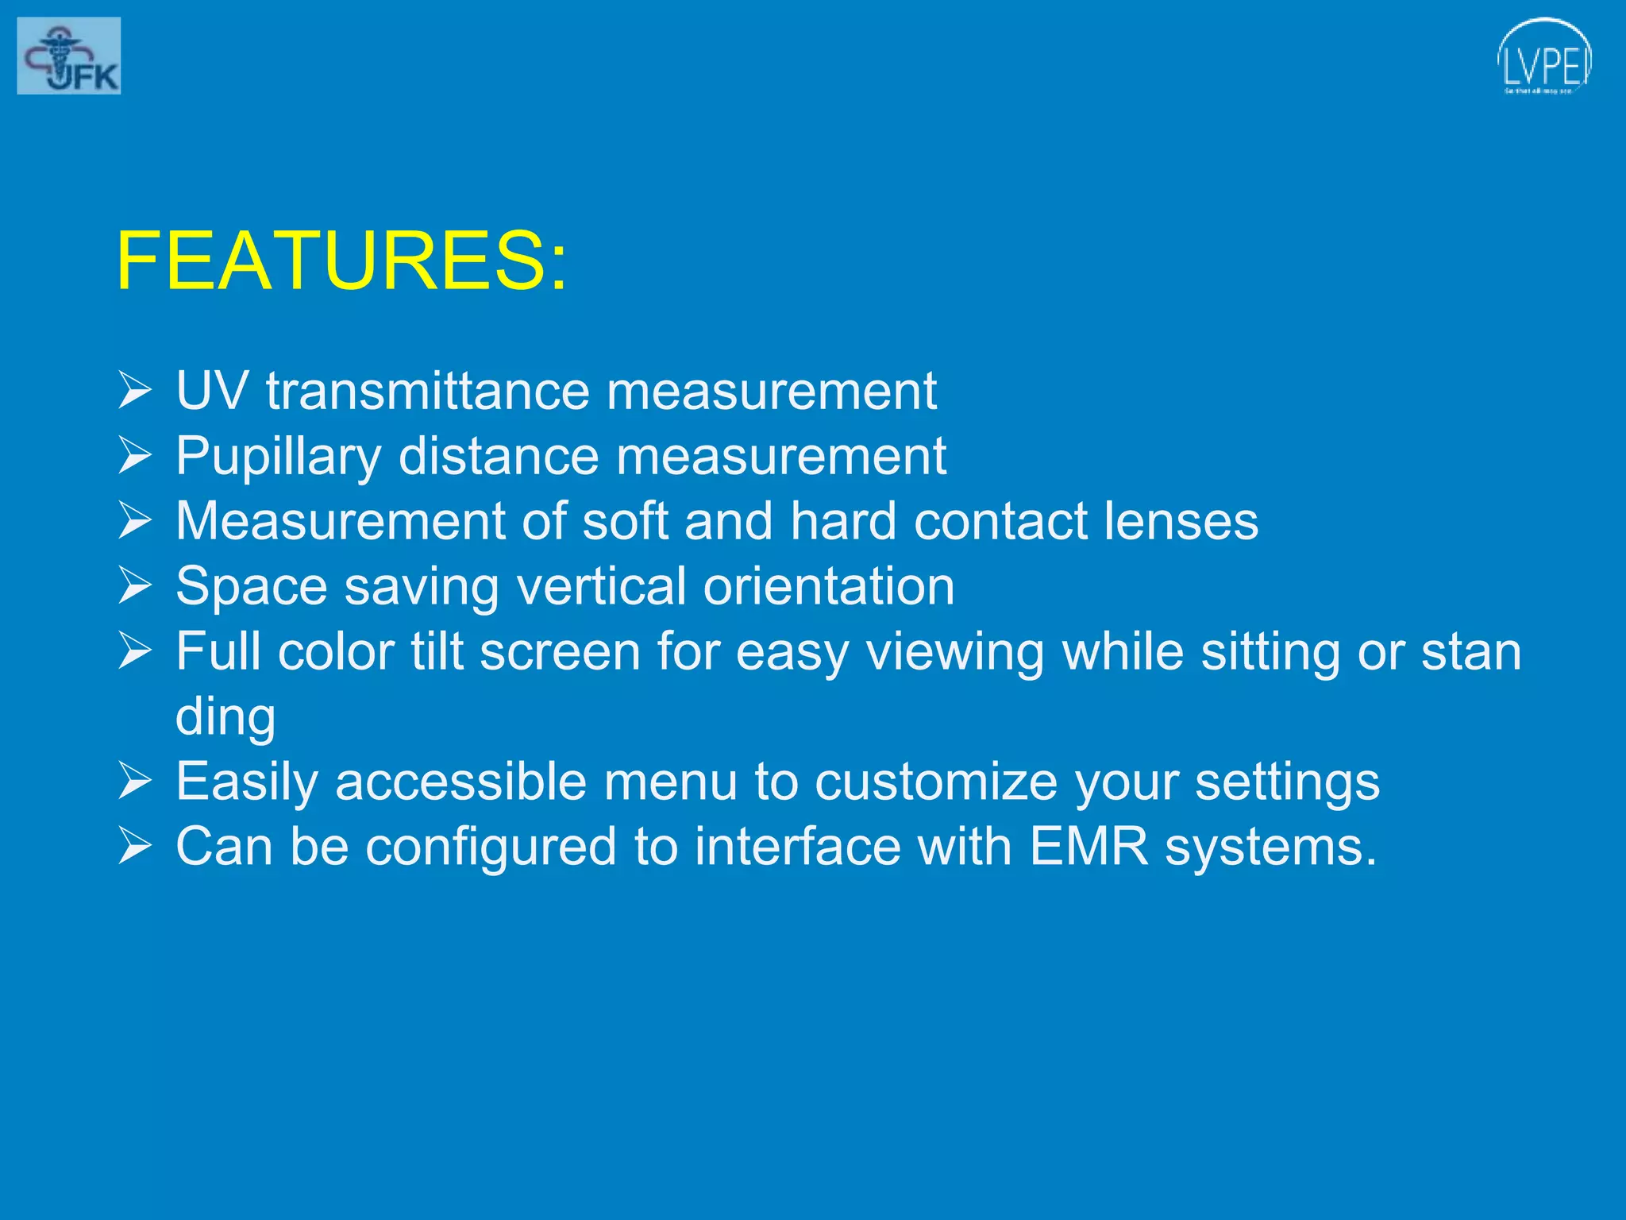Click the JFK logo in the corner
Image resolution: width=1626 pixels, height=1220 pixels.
[x=69, y=56]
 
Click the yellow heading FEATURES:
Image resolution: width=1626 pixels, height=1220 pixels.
[x=342, y=261]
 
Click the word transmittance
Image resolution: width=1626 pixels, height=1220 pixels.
[x=428, y=391]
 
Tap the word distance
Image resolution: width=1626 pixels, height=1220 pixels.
[x=499, y=456]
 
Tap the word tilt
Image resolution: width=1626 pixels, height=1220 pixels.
[x=437, y=651]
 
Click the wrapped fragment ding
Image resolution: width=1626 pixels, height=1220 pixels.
[x=225, y=718]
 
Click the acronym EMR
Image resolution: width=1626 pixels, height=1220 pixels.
[x=1088, y=847]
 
